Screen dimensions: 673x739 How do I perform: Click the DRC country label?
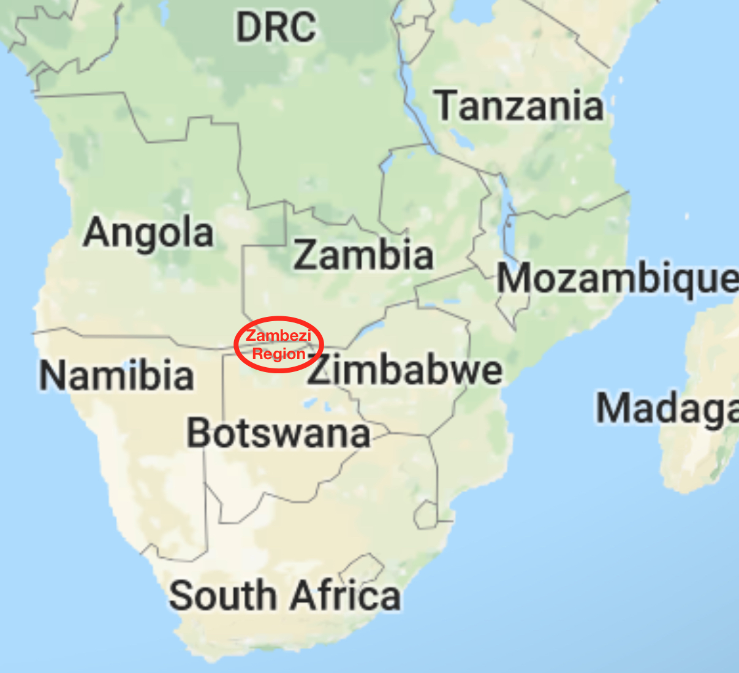pyautogui.click(x=276, y=28)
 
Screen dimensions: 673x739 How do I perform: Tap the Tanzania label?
pyautogui.click(x=520, y=105)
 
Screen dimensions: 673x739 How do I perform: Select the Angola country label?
pyautogui.click(x=149, y=233)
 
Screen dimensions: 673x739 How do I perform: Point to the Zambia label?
pyautogui.click(x=363, y=255)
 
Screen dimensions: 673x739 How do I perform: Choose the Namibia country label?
pyautogui.click(x=116, y=375)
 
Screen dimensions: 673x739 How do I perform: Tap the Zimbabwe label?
pyautogui.click(x=404, y=370)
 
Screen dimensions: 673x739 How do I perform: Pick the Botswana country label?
pyautogui.click(x=278, y=433)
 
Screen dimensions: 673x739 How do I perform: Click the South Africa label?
pyautogui.click(x=285, y=596)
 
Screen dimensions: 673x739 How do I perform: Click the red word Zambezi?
pyautogui.click(x=279, y=336)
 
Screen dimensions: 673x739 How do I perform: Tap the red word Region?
pyautogui.click(x=279, y=354)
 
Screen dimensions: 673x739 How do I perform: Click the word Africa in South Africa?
pyautogui.click(x=346, y=596)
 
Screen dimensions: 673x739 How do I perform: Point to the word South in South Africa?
pyautogui.click(x=222, y=596)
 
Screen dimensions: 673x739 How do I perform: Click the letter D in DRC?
pyautogui.click(x=248, y=28)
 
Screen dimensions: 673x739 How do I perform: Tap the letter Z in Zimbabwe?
pyautogui.click(x=320, y=370)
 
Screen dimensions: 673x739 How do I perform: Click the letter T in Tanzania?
pyautogui.click(x=447, y=105)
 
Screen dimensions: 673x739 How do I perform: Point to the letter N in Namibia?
pyautogui.click(x=52, y=375)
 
